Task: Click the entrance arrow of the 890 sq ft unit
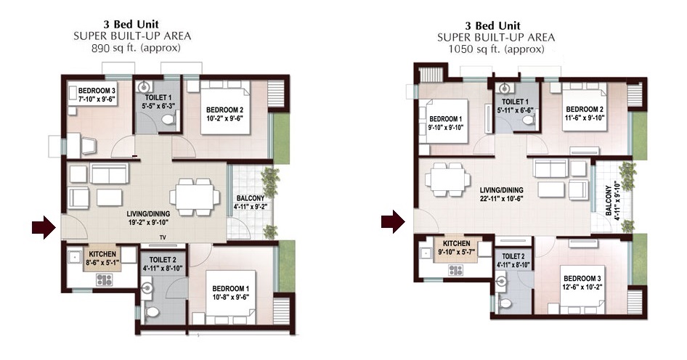(x=44, y=227)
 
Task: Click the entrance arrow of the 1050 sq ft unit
(x=393, y=221)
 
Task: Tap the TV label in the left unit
(x=163, y=238)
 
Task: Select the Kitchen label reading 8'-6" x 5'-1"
(x=102, y=258)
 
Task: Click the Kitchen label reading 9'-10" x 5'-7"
(x=456, y=247)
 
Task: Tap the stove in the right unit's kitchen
(x=455, y=270)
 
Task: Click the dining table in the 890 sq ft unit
(x=195, y=197)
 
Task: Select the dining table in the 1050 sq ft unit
(x=448, y=179)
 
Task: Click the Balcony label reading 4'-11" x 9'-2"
(x=250, y=202)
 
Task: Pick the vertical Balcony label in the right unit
(x=614, y=200)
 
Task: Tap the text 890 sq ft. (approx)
(x=135, y=48)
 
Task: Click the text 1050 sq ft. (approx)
(x=496, y=49)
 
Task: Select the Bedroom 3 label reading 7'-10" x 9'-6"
(x=97, y=95)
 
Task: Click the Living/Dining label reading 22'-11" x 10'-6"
(x=502, y=194)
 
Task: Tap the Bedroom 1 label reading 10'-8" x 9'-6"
(x=230, y=292)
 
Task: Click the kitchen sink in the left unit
(x=75, y=257)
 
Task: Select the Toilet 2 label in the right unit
(x=513, y=261)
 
